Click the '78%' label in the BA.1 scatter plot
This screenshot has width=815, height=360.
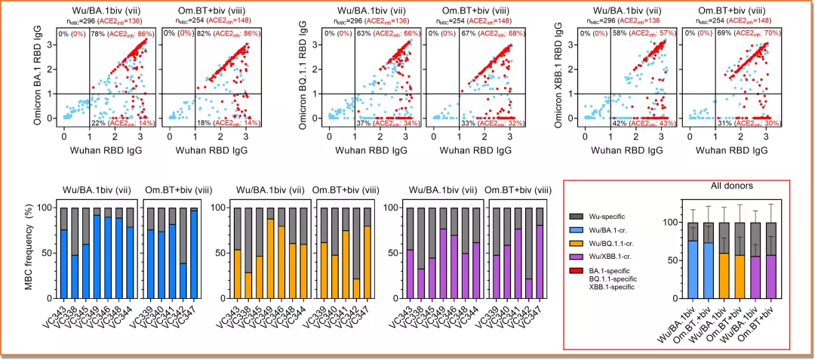[97, 35]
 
